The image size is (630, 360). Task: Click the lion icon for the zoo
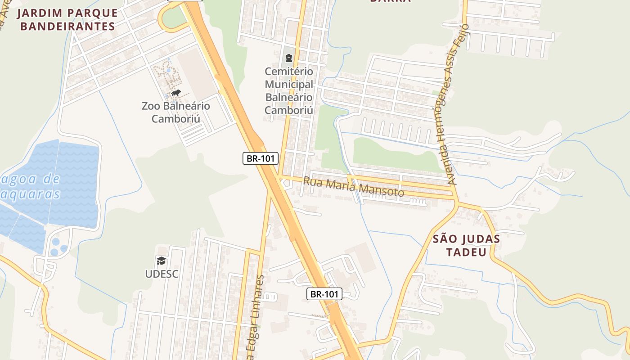click(175, 93)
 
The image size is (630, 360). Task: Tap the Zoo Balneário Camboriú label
click(175, 112)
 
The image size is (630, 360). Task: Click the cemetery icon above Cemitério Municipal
click(288, 58)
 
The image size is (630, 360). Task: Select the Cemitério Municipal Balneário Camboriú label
click(289, 90)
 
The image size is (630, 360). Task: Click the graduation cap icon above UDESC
click(162, 261)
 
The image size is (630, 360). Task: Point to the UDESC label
click(162, 274)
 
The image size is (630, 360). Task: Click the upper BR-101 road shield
click(261, 158)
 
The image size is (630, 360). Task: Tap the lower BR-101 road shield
click(324, 294)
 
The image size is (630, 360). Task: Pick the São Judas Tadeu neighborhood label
click(466, 245)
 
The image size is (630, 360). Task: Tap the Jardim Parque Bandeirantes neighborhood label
click(67, 19)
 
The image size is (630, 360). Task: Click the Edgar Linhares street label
click(254, 315)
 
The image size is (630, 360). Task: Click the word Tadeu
click(466, 252)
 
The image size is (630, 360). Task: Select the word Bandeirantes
click(67, 26)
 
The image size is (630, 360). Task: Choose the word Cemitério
click(289, 72)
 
